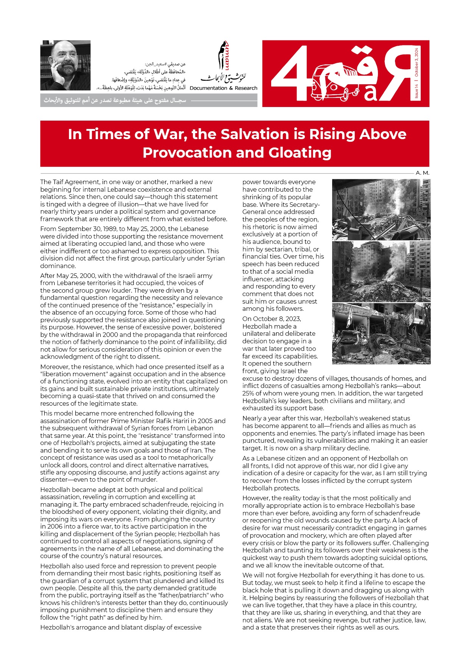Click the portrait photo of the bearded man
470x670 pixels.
click(65, 65)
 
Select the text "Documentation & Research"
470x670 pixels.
click(223, 88)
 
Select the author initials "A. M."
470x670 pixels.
click(422, 173)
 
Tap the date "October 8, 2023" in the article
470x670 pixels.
click(272, 319)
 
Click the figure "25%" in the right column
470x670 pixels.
click(249, 393)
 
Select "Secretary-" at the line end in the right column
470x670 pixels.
click(305, 205)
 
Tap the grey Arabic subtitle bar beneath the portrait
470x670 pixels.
click(148, 101)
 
